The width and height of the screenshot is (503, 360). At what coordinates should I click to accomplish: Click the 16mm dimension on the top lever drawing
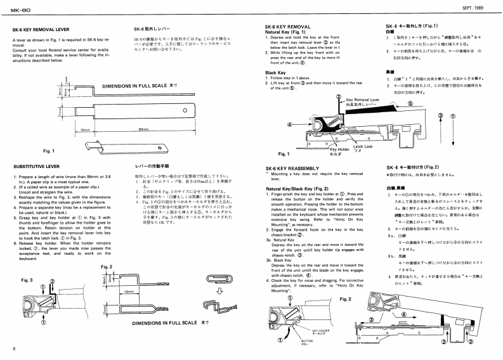click(87, 129)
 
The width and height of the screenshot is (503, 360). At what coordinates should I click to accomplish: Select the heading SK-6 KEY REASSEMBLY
click(294, 168)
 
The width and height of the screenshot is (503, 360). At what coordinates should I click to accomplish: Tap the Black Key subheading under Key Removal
click(275, 72)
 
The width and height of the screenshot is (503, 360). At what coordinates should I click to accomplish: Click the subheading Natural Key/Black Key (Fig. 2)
click(297, 188)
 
